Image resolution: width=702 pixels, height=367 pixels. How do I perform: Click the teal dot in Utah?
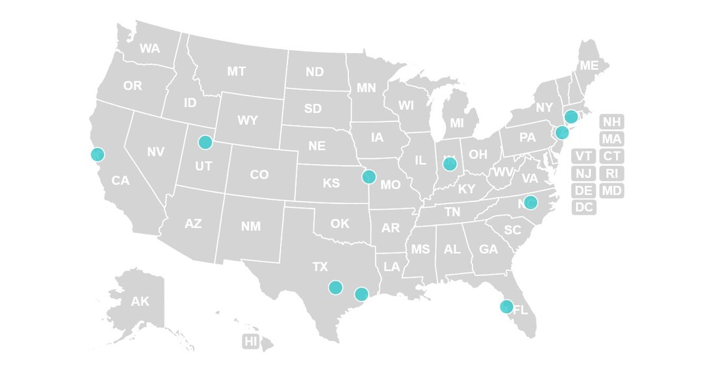[x=205, y=142]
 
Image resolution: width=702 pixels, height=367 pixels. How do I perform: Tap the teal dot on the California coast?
[x=97, y=155]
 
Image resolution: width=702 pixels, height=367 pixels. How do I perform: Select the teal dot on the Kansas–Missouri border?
[x=369, y=176]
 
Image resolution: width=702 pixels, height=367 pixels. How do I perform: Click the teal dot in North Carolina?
[x=530, y=202]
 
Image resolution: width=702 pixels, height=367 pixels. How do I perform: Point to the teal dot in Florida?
[x=506, y=306]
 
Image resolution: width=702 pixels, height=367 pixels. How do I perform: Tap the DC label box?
[x=584, y=208]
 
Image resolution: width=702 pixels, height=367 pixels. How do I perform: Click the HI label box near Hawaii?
[x=251, y=341]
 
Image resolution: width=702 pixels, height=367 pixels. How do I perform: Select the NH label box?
[x=611, y=122]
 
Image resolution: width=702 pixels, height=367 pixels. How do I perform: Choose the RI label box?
[x=611, y=173]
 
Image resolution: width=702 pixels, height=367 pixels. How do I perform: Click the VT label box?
[x=584, y=156]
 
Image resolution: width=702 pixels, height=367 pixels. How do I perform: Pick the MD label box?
[x=611, y=191]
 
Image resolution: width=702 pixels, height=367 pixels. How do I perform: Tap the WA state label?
[x=149, y=49]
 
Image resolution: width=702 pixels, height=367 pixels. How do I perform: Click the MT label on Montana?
[x=237, y=71]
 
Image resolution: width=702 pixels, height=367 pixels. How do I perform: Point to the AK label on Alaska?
[x=140, y=301]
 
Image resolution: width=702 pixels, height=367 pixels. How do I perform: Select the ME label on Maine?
[x=589, y=66]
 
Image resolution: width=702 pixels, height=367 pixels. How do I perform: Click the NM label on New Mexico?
[x=251, y=227]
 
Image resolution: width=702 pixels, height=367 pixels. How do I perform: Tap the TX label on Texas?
[x=320, y=267]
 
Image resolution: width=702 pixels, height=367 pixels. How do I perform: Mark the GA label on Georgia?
[x=488, y=249]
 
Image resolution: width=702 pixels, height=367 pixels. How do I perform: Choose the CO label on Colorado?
[x=259, y=175]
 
